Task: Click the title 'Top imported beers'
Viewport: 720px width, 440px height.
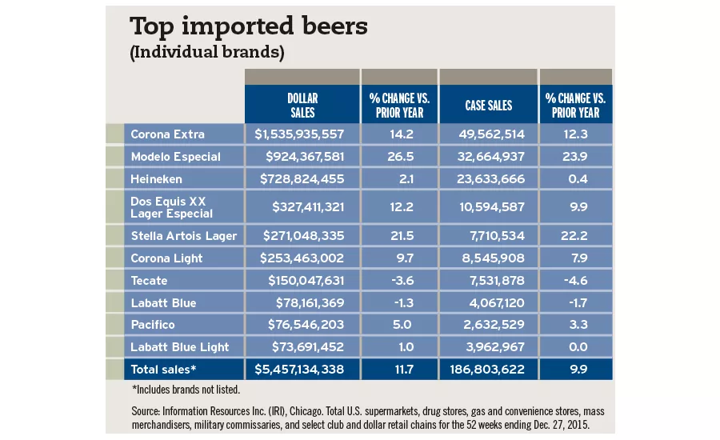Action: [249, 26]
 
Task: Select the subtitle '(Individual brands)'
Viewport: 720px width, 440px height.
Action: [207, 52]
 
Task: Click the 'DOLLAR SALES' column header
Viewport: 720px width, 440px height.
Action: [302, 105]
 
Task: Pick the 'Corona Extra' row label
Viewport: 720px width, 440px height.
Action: [167, 134]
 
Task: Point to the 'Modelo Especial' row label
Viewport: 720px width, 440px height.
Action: [175, 156]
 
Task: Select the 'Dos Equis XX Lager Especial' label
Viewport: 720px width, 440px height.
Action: [171, 207]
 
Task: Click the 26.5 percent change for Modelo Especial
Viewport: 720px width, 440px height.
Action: [399, 156]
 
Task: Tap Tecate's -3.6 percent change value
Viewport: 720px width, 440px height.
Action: [399, 281]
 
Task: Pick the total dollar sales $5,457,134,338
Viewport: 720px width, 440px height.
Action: [299, 370]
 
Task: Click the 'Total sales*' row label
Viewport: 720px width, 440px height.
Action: [163, 370]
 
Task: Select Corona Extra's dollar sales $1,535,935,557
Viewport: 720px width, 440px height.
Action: [299, 134]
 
